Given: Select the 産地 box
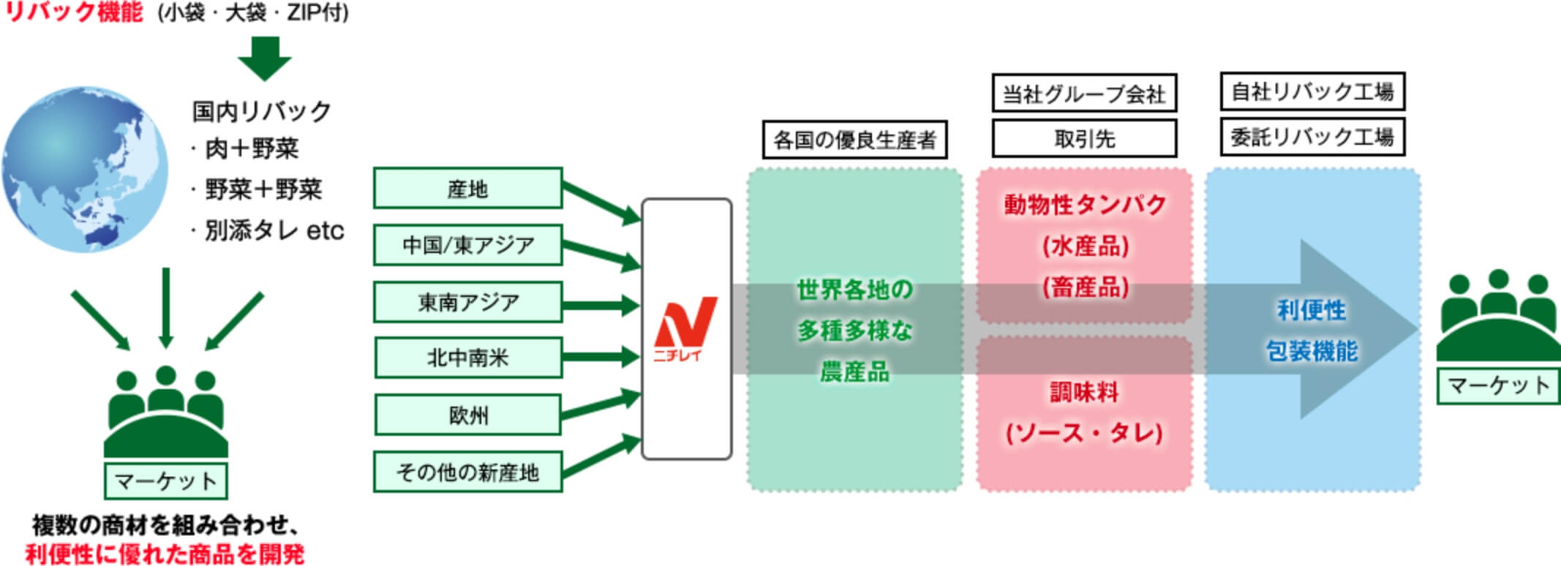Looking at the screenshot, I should pos(467,189).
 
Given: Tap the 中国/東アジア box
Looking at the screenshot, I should pos(467,245).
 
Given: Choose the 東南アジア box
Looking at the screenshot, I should pos(467,302).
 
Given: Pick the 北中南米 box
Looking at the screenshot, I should pos(467,358).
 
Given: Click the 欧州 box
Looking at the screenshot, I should pos(467,415).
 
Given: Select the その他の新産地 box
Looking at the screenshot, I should pos(467,472).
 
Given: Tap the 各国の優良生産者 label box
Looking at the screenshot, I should pos(854,140).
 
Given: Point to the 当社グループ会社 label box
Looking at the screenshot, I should pos(1083,94).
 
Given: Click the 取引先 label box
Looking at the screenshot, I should pos(1083,138).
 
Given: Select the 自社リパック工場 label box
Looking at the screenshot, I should pos(1312,91).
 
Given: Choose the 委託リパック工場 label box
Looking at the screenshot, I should pos(1312,137).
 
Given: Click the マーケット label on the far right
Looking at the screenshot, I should pos(1498,386).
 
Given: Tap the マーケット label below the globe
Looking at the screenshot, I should pos(166,481).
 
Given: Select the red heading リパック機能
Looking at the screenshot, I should pos(74,12).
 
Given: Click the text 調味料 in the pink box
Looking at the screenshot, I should pos(1084,393).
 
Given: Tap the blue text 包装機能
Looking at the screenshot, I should pos(1312,352).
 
